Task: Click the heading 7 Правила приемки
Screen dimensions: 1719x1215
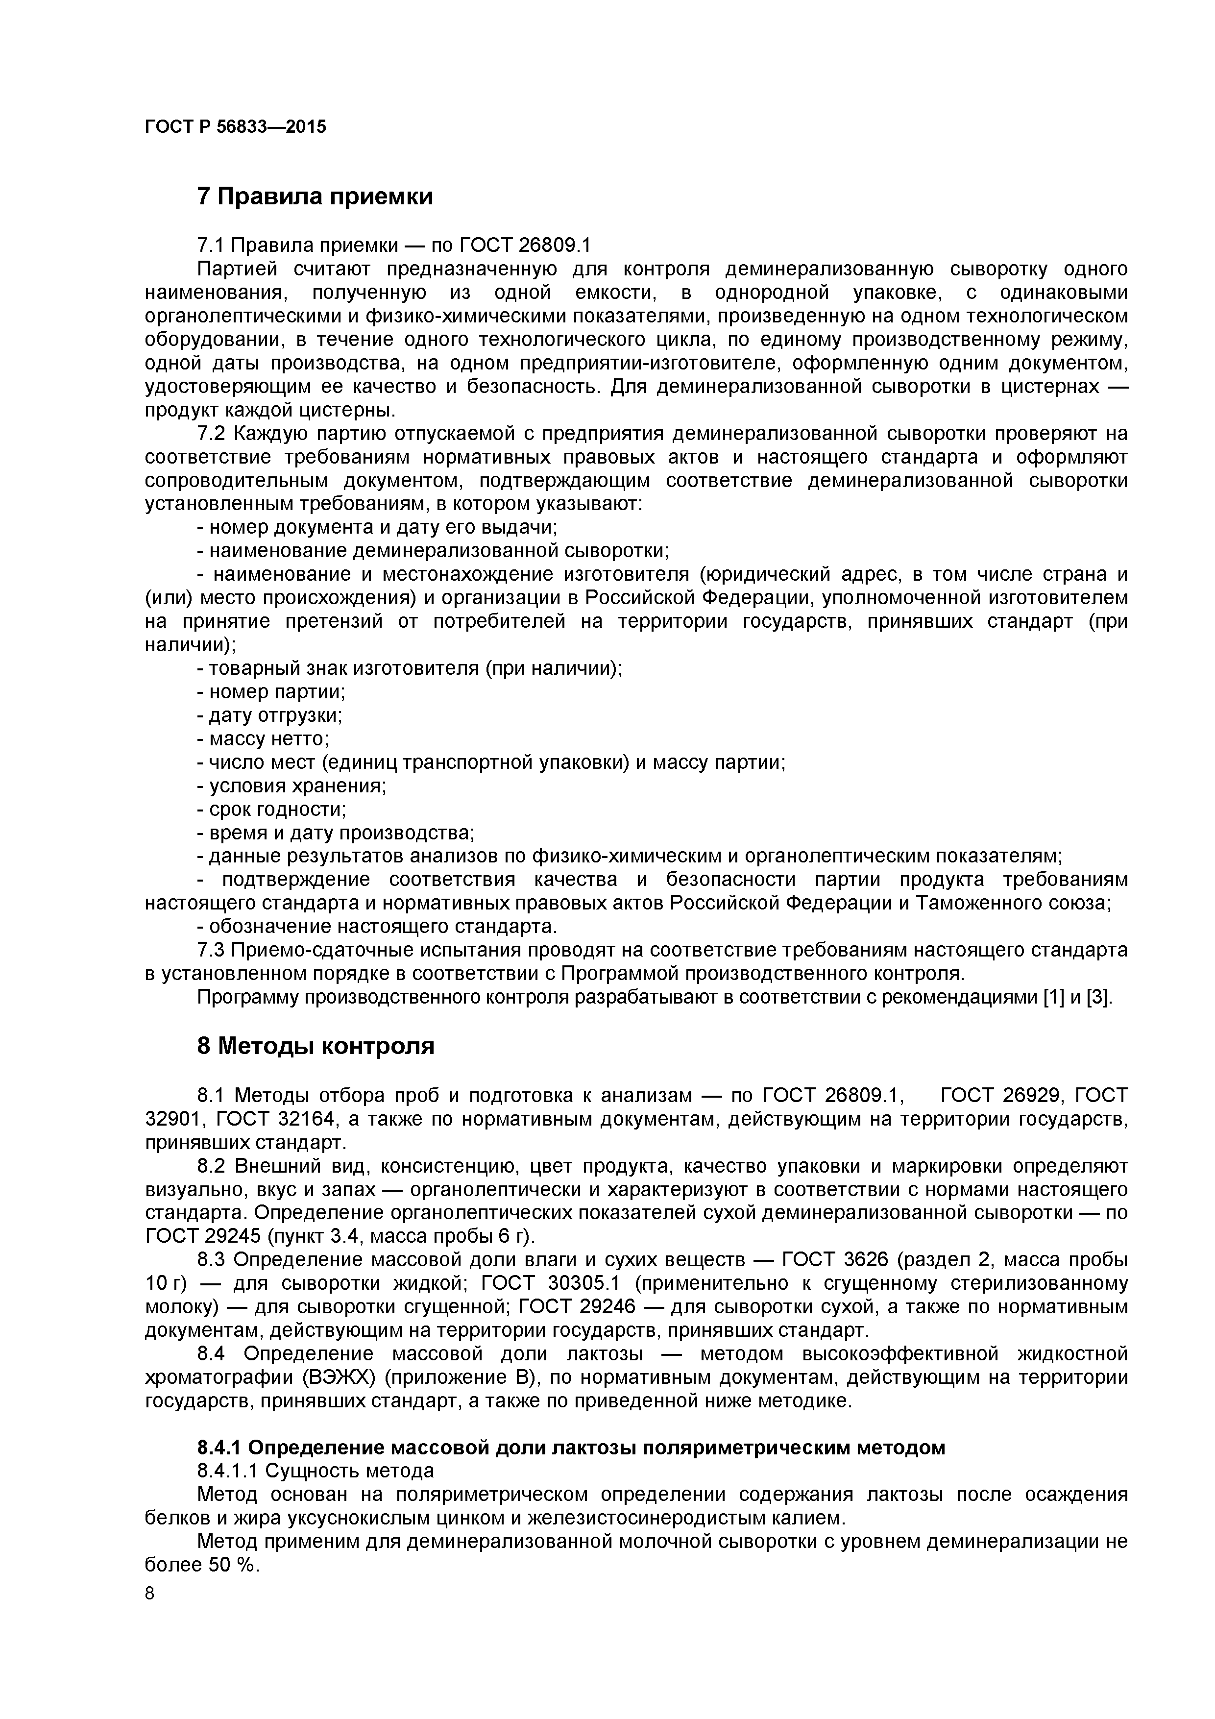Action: point(315,197)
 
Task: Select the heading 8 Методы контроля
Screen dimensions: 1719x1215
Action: point(315,1046)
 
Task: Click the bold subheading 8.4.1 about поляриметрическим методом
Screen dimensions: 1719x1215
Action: point(570,1447)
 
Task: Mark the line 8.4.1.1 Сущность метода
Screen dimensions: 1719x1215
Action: point(315,1471)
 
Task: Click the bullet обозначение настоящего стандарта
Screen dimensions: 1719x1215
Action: point(377,927)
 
